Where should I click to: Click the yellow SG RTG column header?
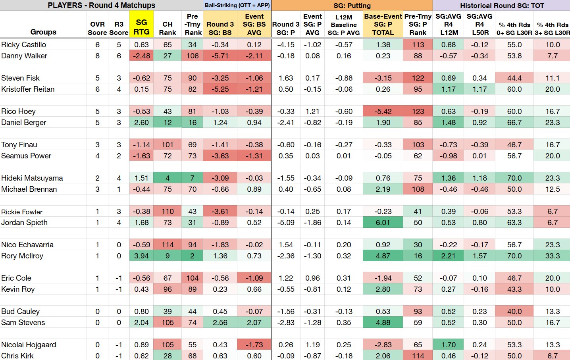[141, 27]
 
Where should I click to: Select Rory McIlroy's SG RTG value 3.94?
[141, 256]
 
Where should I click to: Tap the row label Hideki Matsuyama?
[32, 178]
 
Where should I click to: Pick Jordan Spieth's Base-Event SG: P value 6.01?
[383, 223]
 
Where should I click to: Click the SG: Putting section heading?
[352, 6]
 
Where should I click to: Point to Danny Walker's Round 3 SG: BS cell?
[220, 56]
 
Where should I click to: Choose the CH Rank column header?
[168, 28]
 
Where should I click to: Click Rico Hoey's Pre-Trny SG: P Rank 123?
[418, 112]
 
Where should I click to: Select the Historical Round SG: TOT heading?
[502, 6]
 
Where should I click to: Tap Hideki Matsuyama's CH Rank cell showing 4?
[168, 178]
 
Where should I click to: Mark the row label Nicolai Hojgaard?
[29, 345]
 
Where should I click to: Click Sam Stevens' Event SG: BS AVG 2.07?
[254, 323]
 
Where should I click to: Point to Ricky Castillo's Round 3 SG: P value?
[286, 45]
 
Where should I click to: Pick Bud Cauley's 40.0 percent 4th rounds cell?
[514, 312]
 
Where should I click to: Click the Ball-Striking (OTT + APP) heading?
[237, 5]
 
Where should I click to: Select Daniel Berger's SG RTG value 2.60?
[141, 123]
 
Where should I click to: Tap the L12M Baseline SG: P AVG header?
[344, 25]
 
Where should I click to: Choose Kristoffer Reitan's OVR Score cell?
[98, 89]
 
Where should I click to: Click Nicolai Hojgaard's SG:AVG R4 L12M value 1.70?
[449, 345]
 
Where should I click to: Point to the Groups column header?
[43, 32]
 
